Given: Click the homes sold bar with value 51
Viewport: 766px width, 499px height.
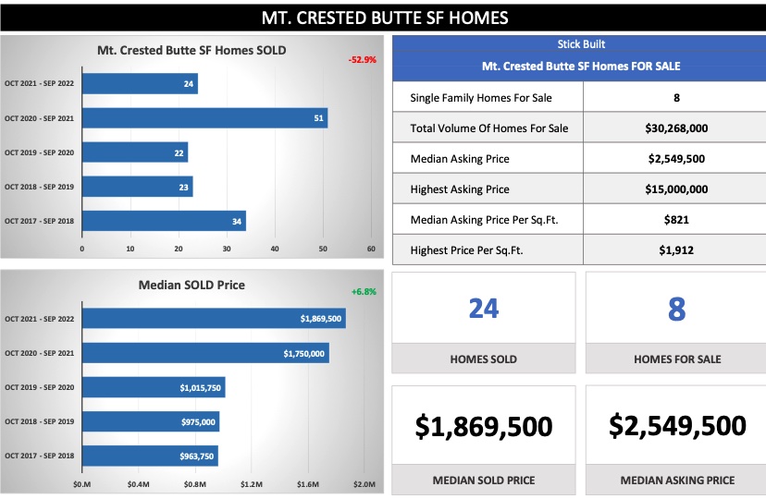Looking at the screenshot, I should [204, 118].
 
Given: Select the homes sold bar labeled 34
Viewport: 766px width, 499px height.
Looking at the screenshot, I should [164, 221].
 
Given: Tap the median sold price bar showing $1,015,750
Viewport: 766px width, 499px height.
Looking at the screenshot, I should [153, 387].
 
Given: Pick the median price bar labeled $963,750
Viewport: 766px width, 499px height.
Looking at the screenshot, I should [150, 456].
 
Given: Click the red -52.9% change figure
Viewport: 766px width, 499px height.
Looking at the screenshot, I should [362, 60].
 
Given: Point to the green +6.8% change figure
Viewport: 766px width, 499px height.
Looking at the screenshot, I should [364, 291].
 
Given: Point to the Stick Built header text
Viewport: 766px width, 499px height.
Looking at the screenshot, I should [581, 44].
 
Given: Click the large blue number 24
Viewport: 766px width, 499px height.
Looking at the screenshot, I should [484, 309].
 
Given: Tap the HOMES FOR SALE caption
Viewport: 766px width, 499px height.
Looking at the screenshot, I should [676, 359].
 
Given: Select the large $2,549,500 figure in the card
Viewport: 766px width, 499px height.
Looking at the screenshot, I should [677, 425].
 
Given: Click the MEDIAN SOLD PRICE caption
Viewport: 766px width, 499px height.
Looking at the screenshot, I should [483, 480].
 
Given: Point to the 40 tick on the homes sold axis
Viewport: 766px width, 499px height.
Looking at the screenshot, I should [275, 249].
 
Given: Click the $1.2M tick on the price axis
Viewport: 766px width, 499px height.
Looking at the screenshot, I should [251, 483].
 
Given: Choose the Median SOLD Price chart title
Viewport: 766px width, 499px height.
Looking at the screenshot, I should [191, 285].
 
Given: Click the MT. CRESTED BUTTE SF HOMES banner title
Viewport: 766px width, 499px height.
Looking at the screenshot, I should [383, 18].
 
